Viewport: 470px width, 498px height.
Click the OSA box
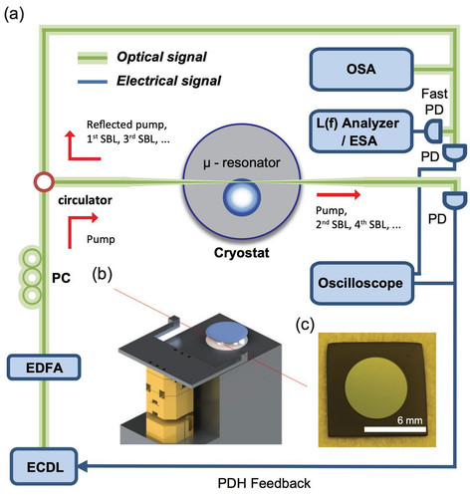361,70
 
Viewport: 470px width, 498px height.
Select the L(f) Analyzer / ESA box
361,131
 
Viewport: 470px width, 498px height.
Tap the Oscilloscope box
362,283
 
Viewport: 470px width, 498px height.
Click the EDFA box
44,368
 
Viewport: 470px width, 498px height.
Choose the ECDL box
44,466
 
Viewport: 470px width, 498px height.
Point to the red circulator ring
44,182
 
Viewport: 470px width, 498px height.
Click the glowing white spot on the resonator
242,197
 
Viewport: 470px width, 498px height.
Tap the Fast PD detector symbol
434,131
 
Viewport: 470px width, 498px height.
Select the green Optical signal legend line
93,58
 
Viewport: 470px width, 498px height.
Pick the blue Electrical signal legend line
93,82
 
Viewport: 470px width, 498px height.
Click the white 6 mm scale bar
395,429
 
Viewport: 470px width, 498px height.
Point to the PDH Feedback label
264,483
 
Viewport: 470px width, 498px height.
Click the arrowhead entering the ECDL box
82,466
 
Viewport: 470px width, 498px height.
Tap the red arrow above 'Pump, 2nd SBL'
339,194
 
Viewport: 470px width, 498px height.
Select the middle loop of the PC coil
32,277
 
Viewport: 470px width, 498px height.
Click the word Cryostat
242,253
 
